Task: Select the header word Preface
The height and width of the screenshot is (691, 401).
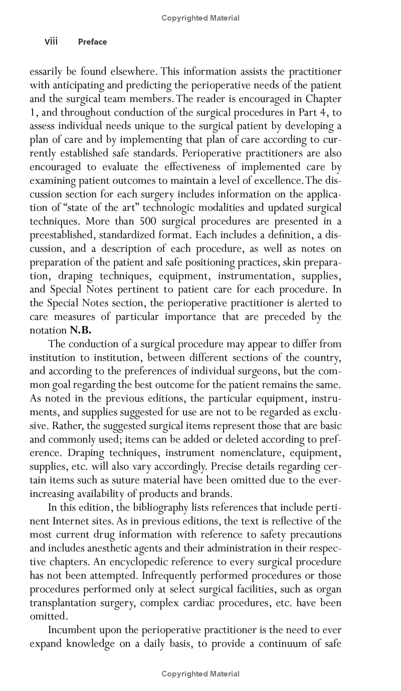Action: (92, 42)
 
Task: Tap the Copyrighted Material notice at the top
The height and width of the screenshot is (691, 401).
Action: (200, 18)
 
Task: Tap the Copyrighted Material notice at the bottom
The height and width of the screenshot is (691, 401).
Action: (200, 674)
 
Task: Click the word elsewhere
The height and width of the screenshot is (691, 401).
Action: (132, 71)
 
